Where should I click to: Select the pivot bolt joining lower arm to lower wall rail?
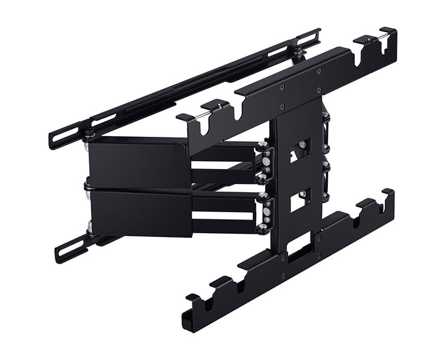(89, 227)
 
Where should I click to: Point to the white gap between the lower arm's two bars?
(224, 215)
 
